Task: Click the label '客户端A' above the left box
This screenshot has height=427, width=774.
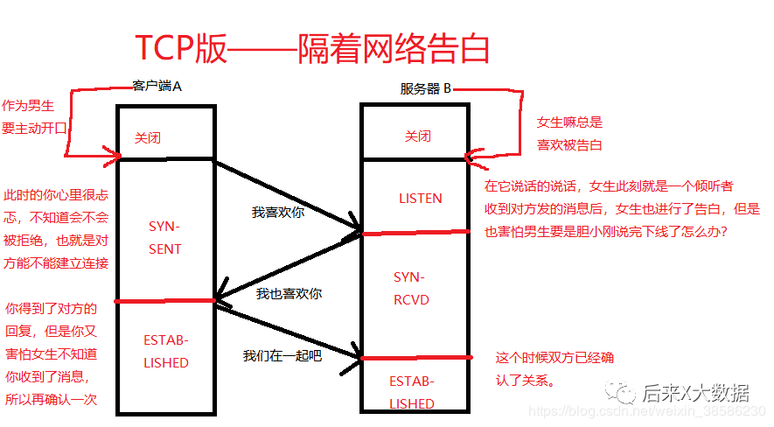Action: tap(157, 86)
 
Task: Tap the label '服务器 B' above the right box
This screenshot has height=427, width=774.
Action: tap(426, 88)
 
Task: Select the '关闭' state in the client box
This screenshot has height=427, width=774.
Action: tap(147, 138)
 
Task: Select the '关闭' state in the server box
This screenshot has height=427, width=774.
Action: tap(417, 136)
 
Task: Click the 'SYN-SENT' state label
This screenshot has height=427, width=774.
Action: tap(164, 236)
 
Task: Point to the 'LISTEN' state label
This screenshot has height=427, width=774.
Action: tap(420, 199)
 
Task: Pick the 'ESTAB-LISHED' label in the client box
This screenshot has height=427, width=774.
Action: tap(165, 350)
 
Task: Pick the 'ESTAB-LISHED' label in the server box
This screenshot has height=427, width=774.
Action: tap(411, 392)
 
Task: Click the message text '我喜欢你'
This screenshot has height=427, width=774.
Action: tap(278, 212)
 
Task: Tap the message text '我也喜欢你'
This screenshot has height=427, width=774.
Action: tap(289, 294)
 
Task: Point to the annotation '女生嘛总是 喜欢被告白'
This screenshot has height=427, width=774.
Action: tap(569, 134)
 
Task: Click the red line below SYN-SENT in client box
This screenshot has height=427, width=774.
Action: tap(164, 301)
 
